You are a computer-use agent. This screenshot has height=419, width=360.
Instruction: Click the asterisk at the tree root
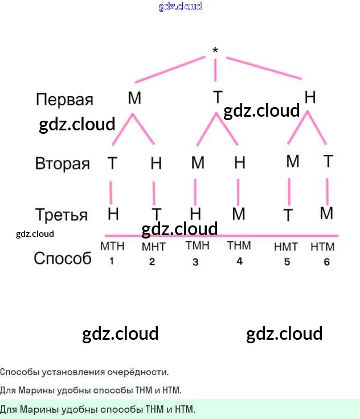(215, 50)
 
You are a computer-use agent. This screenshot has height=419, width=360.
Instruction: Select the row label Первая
(64, 100)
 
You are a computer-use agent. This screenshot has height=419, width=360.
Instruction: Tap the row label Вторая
(62, 163)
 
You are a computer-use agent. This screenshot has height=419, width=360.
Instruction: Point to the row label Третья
(62, 215)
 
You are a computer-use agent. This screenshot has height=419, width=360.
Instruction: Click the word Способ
(63, 258)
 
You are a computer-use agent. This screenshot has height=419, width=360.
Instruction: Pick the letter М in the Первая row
(134, 98)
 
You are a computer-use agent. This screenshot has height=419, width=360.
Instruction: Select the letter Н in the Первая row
(310, 97)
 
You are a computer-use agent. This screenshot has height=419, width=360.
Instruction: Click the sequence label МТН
(112, 246)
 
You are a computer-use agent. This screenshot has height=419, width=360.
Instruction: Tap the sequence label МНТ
(154, 247)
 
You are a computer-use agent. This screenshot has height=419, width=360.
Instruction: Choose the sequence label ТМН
(198, 245)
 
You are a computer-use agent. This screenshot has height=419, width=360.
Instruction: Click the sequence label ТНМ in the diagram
(239, 245)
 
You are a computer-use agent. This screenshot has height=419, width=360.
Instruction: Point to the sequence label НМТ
(286, 247)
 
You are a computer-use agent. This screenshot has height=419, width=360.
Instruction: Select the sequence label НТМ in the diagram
(322, 247)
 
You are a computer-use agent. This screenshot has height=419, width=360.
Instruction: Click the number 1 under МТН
(112, 261)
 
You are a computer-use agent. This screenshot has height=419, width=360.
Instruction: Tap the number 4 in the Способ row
(240, 261)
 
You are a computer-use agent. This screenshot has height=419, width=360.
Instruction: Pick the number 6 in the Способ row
(326, 262)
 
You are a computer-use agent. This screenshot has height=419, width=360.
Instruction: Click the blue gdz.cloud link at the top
(180, 6)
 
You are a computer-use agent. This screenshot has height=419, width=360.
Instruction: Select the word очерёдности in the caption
(138, 372)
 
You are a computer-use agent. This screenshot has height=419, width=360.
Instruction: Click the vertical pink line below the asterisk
(215, 70)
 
